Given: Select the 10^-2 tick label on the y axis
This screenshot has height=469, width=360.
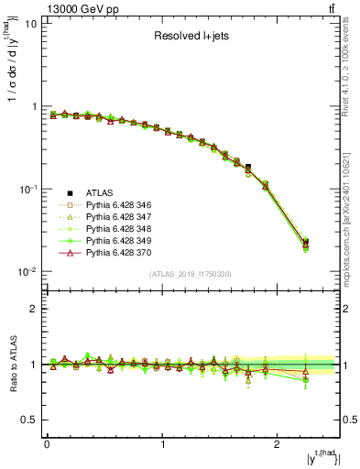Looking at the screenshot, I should point(27,272).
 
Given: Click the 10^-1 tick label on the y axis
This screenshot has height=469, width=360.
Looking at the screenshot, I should point(27,190).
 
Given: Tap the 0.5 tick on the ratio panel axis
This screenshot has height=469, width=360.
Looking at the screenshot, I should point(29,420).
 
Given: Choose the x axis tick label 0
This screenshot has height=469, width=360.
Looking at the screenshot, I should point(47,446).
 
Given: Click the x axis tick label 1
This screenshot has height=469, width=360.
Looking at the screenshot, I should point(163,446).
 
